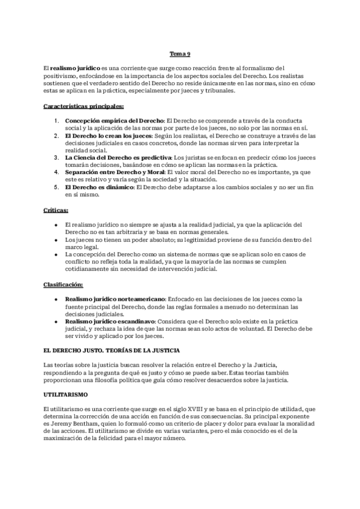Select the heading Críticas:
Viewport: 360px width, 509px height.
click(56, 211)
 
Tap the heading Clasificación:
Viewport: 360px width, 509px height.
click(64, 284)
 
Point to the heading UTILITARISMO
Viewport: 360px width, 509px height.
click(66, 394)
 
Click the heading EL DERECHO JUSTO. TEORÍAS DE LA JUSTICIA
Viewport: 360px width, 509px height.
click(112, 349)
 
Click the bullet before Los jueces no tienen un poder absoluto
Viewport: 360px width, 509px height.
click(55, 239)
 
